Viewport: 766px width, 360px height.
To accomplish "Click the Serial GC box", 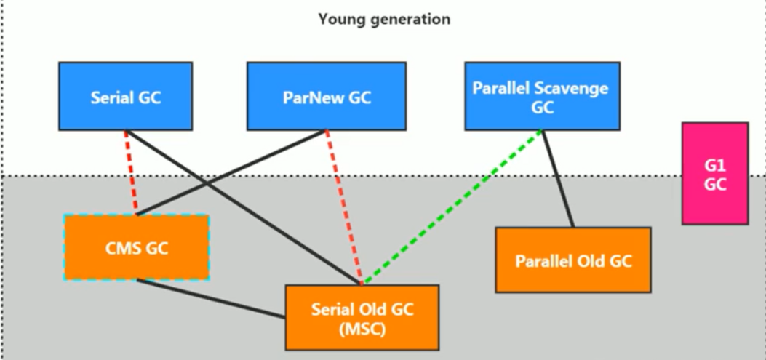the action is (x=126, y=96).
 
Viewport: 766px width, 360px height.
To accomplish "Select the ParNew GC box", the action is (x=327, y=96).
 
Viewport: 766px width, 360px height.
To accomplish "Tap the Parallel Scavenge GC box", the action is (x=542, y=96).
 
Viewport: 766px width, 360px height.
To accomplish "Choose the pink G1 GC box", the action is (x=715, y=173).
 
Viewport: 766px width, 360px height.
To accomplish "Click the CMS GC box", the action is (x=137, y=248).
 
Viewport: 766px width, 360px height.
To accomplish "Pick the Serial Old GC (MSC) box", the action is (x=362, y=318).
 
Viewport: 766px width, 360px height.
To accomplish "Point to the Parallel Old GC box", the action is (x=573, y=260).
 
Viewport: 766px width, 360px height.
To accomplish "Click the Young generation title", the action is (x=384, y=20).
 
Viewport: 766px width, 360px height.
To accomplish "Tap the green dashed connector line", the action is (x=452, y=207).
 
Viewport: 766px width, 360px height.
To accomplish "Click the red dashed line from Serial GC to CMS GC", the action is (x=131, y=172).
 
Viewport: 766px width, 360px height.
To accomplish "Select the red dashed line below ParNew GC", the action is (x=344, y=207).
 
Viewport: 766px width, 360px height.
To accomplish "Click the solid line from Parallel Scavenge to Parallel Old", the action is (x=558, y=179).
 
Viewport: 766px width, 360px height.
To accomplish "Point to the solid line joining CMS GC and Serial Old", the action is (x=211, y=299).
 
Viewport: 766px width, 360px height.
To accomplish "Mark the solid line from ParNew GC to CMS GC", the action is (x=231, y=172).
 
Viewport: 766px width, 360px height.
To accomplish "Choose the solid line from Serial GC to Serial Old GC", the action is (x=243, y=207).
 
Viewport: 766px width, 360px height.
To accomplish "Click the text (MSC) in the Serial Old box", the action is (x=362, y=329).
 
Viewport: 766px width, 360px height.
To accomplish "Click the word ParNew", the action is (x=308, y=97).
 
